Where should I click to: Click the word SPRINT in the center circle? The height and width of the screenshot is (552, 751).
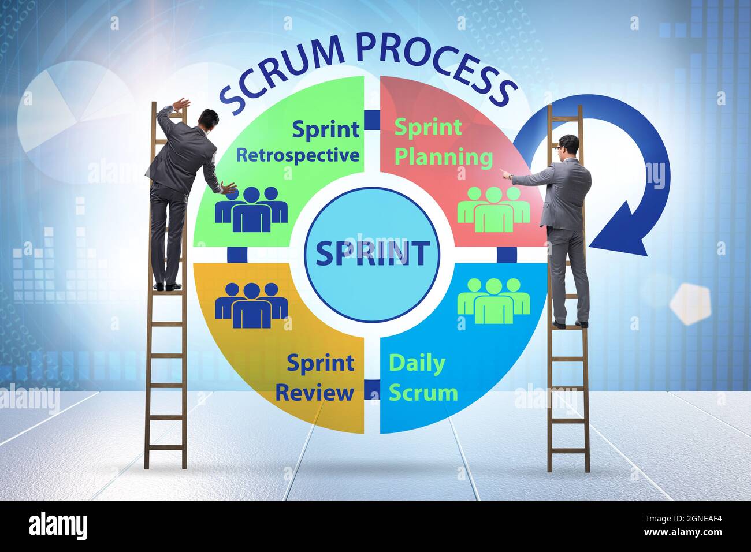(372, 253)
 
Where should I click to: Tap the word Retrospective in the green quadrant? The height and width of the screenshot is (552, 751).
(298, 155)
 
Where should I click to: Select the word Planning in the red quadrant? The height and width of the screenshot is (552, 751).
(444, 156)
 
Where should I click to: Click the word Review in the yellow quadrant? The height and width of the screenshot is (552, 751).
(314, 392)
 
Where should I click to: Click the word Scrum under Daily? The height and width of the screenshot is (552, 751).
(423, 393)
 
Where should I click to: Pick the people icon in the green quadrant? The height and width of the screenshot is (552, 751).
(251, 208)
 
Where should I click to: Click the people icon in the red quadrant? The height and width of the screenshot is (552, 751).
(493, 208)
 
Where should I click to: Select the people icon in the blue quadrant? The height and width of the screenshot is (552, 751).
(493, 300)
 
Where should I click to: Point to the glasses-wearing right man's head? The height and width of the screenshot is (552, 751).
(569, 146)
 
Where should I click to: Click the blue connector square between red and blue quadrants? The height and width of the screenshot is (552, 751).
(507, 254)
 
